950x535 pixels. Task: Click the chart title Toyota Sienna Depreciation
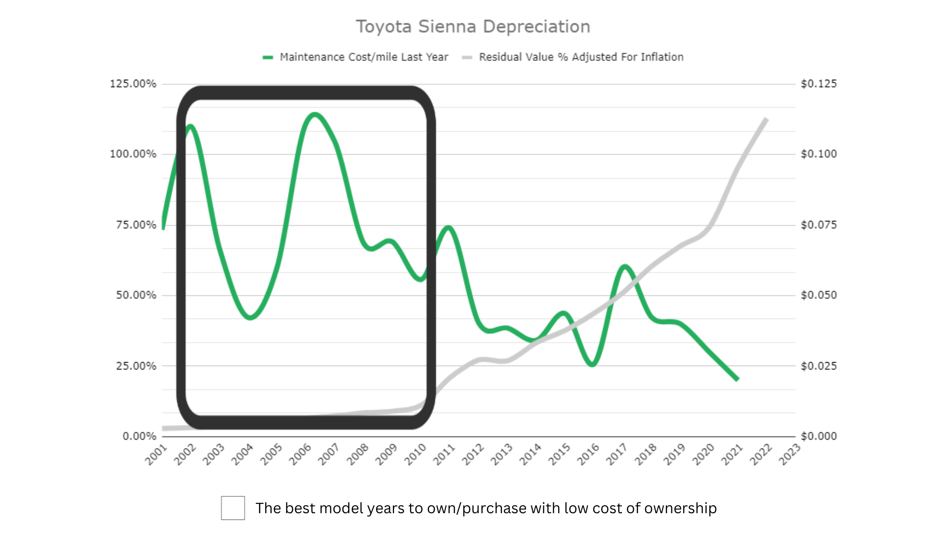pyautogui.click(x=473, y=27)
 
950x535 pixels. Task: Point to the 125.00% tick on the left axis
pyautogui.click(x=133, y=84)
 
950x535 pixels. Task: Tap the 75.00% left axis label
pyautogui.click(x=136, y=225)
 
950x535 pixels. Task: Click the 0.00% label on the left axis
pyautogui.click(x=139, y=436)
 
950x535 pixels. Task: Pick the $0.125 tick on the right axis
pyautogui.click(x=819, y=84)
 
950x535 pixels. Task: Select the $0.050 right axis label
pyautogui.click(x=819, y=295)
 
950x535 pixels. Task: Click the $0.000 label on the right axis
pyautogui.click(x=819, y=436)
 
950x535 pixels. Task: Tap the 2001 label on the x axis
pyautogui.click(x=156, y=454)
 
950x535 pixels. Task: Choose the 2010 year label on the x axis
pyautogui.click(x=416, y=454)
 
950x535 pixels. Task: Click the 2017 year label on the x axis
pyautogui.click(x=617, y=454)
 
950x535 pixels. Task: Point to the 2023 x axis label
pyautogui.click(x=790, y=454)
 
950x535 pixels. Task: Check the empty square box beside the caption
pyautogui.click(x=233, y=508)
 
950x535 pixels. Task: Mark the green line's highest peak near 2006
pyautogui.click(x=315, y=115)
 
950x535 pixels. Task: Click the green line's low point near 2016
pyautogui.click(x=592, y=365)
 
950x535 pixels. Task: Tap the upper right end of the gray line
pyautogui.click(x=766, y=119)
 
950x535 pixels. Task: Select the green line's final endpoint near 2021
pyautogui.click(x=737, y=379)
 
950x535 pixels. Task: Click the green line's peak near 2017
pyautogui.click(x=625, y=267)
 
